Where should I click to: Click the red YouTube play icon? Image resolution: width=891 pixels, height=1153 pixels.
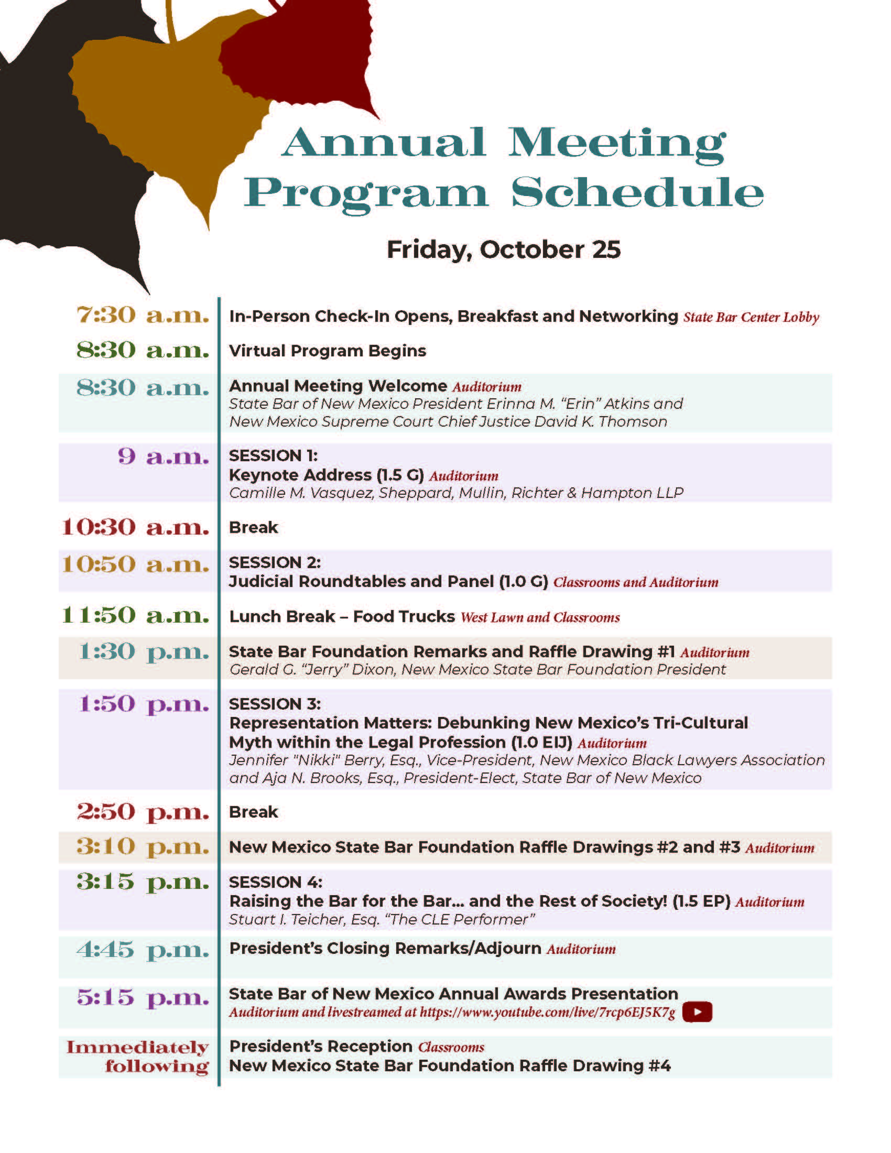click(x=697, y=1012)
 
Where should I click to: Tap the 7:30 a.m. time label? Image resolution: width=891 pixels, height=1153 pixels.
click(x=143, y=315)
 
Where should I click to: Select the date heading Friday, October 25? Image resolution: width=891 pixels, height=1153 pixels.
click(x=504, y=249)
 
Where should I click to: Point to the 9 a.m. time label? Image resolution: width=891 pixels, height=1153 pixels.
click(x=164, y=456)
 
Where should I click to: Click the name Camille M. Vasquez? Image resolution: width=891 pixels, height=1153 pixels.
click(x=301, y=493)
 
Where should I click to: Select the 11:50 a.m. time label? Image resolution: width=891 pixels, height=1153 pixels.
click(x=136, y=616)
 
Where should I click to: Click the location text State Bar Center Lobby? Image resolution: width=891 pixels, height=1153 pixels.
click(x=751, y=317)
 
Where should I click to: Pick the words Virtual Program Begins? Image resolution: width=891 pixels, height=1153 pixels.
click(x=327, y=351)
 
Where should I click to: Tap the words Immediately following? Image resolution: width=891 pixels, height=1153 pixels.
click(x=138, y=1057)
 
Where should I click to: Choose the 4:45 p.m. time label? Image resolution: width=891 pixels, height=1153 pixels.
click(x=143, y=950)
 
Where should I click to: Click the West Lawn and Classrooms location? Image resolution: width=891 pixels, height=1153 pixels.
click(x=540, y=618)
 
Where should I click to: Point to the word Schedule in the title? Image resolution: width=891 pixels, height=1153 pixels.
click(x=637, y=193)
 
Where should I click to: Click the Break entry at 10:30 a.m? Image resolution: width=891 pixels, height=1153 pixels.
click(x=253, y=527)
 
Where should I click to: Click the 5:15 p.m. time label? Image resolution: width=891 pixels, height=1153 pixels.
click(x=143, y=997)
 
